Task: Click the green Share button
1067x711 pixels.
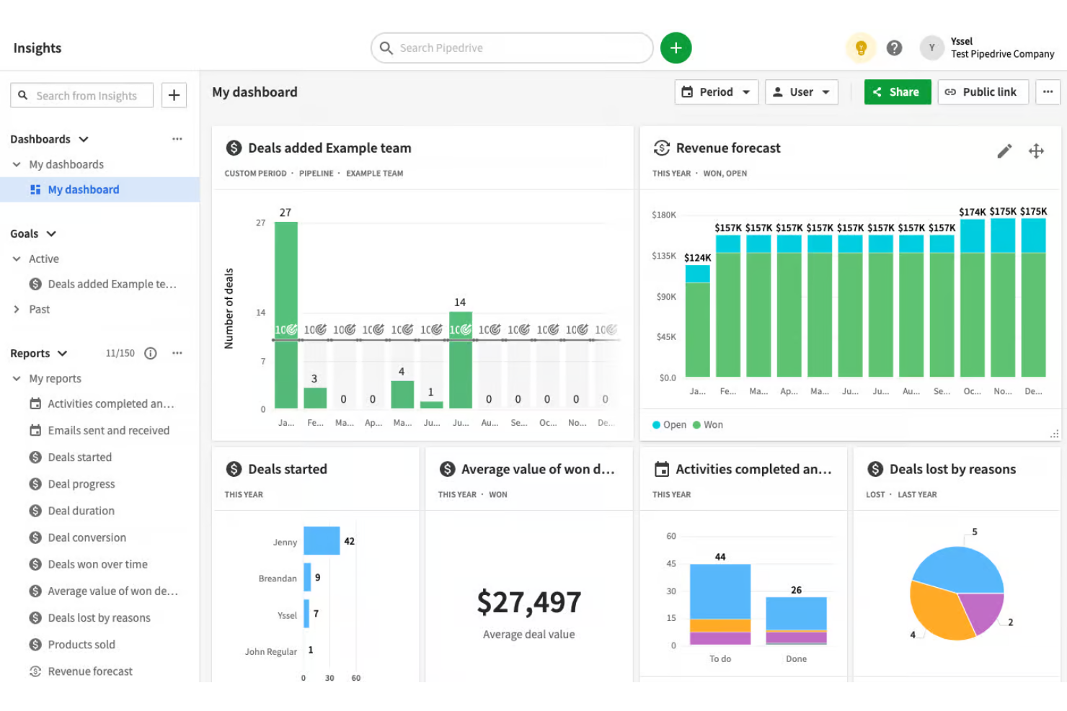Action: tap(897, 92)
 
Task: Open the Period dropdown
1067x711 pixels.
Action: tap(716, 92)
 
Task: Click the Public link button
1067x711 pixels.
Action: tap(982, 92)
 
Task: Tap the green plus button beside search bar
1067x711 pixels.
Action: tap(676, 48)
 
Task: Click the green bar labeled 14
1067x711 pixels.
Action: tap(460, 360)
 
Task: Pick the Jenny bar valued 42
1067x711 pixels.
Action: tap(322, 541)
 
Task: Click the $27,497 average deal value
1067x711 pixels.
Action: tap(528, 602)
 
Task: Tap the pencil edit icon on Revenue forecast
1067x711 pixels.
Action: tap(1004, 151)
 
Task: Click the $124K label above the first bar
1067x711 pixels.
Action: tap(697, 258)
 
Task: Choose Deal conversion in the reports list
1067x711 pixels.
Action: tap(87, 537)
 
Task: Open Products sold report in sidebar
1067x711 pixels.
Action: tap(81, 645)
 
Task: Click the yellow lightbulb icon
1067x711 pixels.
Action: tap(860, 48)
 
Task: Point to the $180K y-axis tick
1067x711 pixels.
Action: tap(663, 215)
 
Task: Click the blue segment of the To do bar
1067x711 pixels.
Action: tap(720, 591)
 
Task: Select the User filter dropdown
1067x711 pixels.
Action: tap(801, 92)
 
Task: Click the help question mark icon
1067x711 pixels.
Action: tap(894, 48)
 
